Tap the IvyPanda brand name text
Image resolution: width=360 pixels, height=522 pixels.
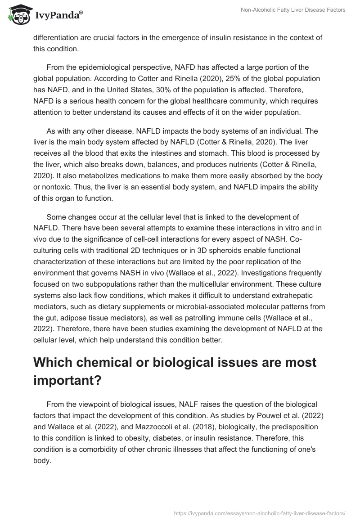point(58,16)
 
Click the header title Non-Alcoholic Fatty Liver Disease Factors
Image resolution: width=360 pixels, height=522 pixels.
point(293,10)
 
